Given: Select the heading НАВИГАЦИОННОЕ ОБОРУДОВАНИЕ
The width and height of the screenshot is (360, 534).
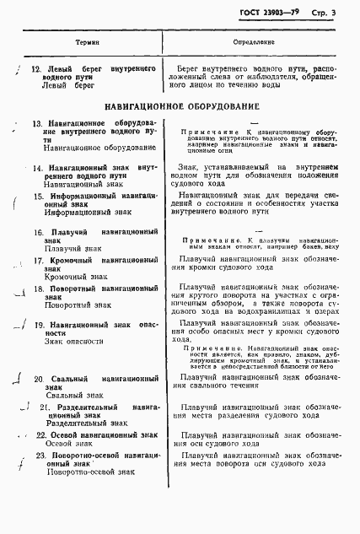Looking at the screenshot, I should coord(181,108).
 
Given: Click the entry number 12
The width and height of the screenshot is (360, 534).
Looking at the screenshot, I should coord(35,68).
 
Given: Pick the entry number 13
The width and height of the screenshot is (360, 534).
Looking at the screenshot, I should coord(37,124).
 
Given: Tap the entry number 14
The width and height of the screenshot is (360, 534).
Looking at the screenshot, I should coord(37,168).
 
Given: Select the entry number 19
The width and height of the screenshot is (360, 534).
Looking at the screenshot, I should coord(38,325).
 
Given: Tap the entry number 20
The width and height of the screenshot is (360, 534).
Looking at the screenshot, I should coord(39,380).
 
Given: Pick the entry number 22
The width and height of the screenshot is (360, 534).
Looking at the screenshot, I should coord(40,434).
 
